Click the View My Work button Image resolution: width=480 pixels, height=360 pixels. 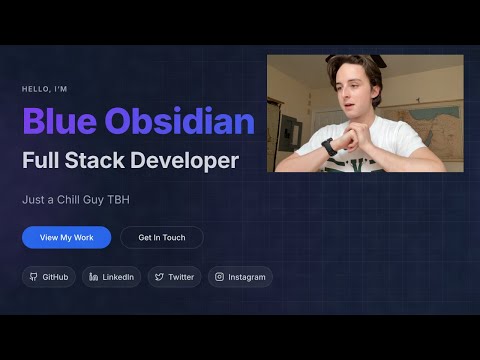pyautogui.click(x=66, y=237)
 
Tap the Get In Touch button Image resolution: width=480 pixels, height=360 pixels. pyautogui.click(x=161, y=237)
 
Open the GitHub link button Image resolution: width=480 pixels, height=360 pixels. pyautogui.click(x=49, y=277)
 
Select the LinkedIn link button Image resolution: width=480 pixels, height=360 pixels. pyautogui.click(x=111, y=277)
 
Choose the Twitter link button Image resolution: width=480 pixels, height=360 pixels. pyautogui.click(x=174, y=277)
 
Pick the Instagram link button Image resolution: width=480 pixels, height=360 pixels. pyautogui.click(x=240, y=277)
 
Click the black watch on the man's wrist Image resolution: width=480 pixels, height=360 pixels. pyautogui.click(x=329, y=146)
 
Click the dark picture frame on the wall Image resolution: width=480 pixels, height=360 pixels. pyautogui.click(x=290, y=130)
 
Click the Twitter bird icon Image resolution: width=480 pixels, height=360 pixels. pyautogui.click(x=160, y=277)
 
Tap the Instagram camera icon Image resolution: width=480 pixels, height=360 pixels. pyautogui.click(x=220, y=277)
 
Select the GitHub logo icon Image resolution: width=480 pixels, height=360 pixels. pyautogui.click(x=33, y=277)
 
